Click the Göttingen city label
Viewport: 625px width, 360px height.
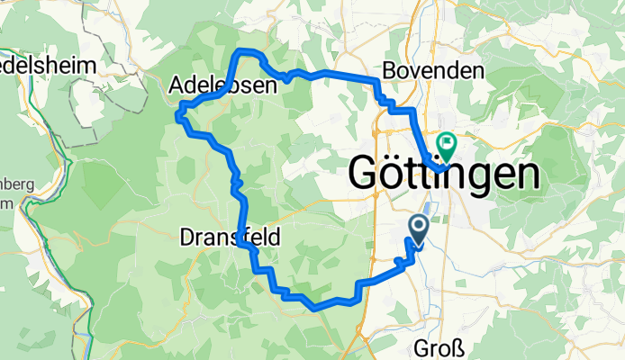point(444,174)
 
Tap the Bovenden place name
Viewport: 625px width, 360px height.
point(433,70)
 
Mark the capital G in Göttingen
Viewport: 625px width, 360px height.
point(366,173)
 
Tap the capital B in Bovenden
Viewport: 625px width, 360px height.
point(390,70)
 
